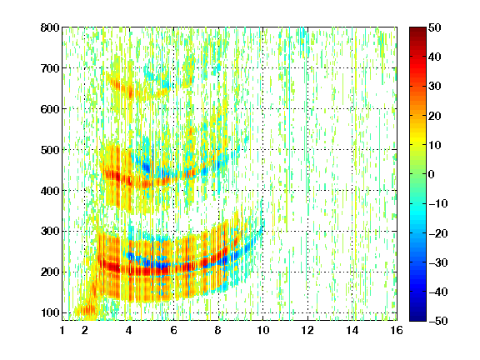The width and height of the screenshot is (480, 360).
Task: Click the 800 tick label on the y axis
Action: coord(50,27)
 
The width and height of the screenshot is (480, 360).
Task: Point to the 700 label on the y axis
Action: coord(50,68)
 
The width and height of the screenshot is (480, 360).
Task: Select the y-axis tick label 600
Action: coord(50,109)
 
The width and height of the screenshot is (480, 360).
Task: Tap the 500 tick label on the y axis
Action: coord(50,150)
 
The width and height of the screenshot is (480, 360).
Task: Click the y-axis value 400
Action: coord(50,191)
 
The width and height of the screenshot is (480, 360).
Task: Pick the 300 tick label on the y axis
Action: coord(50,231)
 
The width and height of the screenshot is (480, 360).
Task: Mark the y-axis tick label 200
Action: coord(50,272)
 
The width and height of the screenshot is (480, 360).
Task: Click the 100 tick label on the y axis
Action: coord(50,312)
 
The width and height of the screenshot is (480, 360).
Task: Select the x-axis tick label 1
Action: coord(62,330)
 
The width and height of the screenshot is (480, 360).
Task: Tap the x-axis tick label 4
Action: coord(129,330)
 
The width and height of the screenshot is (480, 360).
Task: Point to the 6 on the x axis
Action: coord(173,330)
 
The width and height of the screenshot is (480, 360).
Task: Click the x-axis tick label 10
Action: coord(262,330)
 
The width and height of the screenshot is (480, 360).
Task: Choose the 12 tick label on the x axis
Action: coord(307,330)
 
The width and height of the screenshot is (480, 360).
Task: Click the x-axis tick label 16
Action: coord(397,330)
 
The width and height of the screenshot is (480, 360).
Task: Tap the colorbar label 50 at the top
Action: coord(434,27)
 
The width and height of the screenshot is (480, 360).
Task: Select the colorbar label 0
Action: coord(432,174)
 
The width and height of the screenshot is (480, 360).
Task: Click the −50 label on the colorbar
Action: coord(438,321)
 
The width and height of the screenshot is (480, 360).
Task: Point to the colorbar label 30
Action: coord(434,87)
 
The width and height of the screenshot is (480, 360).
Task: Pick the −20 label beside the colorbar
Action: coord(438,233)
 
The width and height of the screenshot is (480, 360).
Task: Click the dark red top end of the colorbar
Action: coord(417,29)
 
